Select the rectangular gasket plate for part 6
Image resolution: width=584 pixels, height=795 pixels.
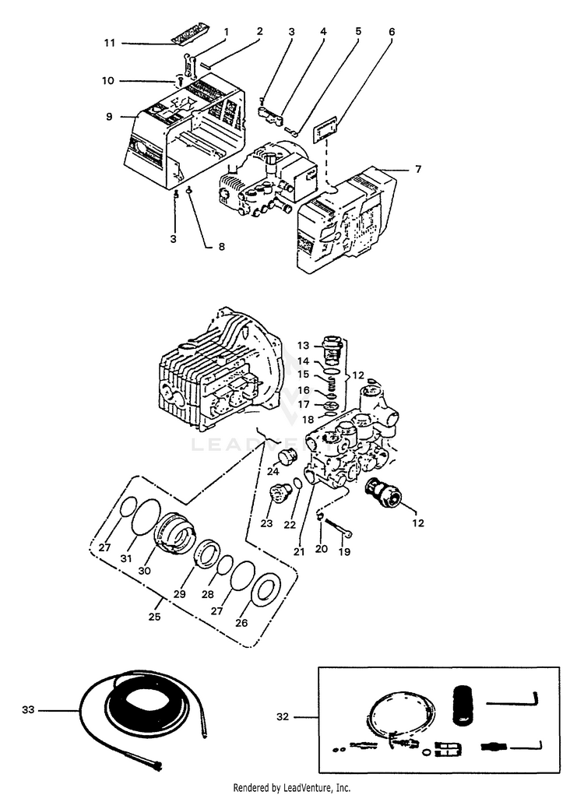tap(324, 129)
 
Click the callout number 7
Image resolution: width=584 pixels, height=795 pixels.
tap(417, 169)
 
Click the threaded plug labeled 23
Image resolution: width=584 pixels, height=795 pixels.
tap(278, 493)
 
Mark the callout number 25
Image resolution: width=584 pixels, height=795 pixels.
tap(156, 616)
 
